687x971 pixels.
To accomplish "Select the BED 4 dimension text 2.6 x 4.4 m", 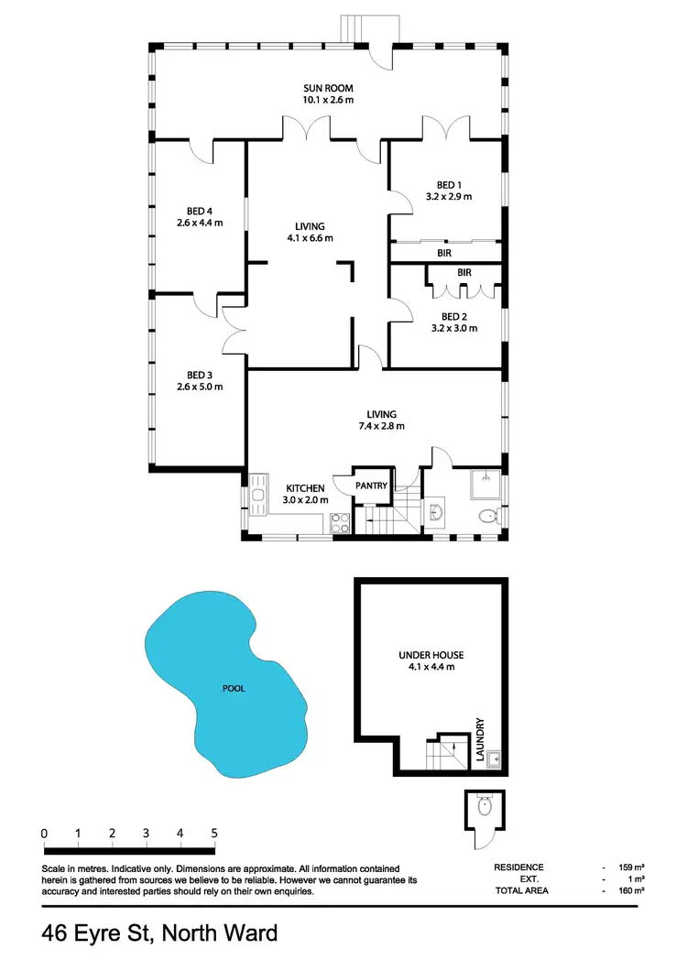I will [200, 223].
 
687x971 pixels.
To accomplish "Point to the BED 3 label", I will [200, 374].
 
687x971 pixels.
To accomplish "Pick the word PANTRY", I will [371, 485].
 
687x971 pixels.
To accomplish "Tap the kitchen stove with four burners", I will [339, 523].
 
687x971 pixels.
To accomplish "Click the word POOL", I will [233, 689].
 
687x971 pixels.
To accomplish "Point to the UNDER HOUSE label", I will [431, 655].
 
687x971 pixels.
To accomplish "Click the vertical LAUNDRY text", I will [479, 739].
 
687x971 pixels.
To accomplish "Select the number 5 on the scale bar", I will [213, 834].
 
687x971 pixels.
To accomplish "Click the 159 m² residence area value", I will [632, 867].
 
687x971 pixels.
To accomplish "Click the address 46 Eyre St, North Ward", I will [159, 934].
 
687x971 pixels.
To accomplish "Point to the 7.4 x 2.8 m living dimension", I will [383, 426].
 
